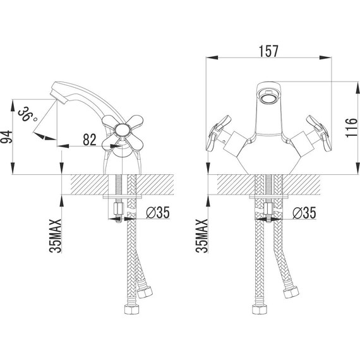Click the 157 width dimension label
point(268,51)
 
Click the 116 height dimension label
point(352,128)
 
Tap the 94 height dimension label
point(6,137)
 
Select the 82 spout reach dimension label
point(90,140)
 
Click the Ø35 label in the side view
point(158,212)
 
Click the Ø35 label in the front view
point(304,212)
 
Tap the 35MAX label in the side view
point(56,236)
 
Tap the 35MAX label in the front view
point(202,236)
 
